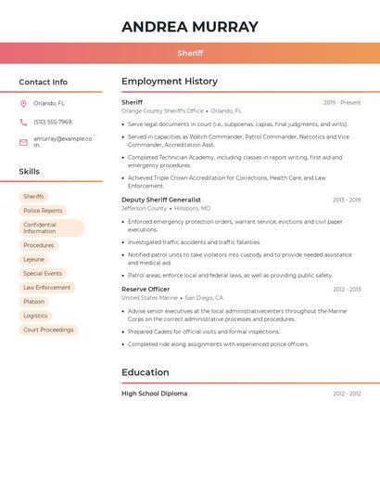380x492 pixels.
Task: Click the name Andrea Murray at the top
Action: (x=190, y=27)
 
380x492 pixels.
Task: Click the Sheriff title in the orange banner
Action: (x=190, y=53)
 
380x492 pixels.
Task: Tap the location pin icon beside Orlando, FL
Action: (x=23, y=104)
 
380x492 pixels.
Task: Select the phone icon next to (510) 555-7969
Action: (x=23, y=122)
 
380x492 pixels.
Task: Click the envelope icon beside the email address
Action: (x=23, y=142)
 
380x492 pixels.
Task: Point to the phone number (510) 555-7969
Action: (x=52, y=122)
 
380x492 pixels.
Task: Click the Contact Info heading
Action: (x=43, y=82)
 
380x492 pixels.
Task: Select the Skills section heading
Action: (x=29, y=172)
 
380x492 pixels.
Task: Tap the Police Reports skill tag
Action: (x=43, y=211)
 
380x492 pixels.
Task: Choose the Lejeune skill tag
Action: (x=33, y=259)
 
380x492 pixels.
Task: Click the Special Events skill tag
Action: (x=43, y=274)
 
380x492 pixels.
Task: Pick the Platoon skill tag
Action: (x=33, y=302)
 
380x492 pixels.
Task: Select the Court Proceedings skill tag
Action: (x=48, y=330)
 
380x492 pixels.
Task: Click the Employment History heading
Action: (x=170, y=82)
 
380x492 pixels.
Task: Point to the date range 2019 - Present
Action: (x=342, y=102)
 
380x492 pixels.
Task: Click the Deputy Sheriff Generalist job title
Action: (x=160, y=200)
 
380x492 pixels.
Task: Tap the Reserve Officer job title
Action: (x=146, y=289)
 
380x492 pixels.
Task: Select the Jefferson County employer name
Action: (x=144, y=209)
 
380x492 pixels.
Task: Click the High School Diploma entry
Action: (x=154, y=394)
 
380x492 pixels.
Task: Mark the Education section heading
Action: (x=146, y=372)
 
